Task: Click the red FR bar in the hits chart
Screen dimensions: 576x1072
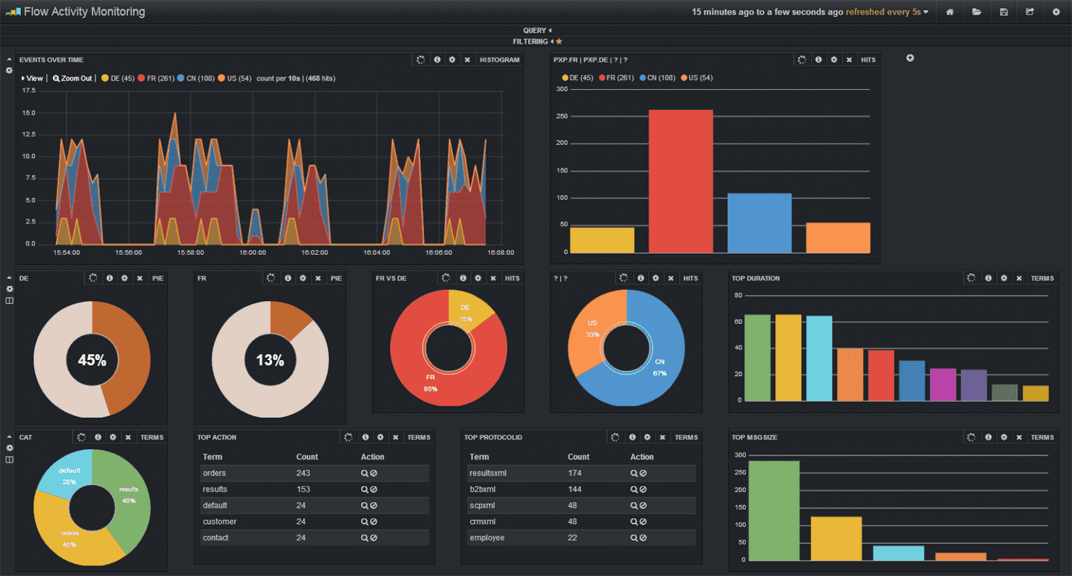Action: [x=680, y=181]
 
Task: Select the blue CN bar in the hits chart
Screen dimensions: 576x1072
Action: [x=759, y=223]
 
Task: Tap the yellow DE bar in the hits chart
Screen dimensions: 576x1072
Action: [x=602, y=240]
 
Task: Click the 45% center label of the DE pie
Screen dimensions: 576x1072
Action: [x=92, y=360]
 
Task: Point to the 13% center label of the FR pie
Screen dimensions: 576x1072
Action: [x=270, y=360]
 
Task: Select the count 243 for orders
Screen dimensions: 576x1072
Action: [x=303, y=473]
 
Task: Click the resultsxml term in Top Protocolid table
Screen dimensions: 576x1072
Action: [x=488, y=473]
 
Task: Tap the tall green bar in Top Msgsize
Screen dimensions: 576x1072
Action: [x=774, y=510]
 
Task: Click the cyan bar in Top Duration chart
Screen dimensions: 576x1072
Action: [x=819, y=359]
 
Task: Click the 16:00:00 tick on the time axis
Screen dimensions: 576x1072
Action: [x=253, y=253]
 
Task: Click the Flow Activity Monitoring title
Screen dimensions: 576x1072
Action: [x=84, y=11]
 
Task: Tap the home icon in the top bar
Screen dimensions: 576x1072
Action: [x=949, y=12]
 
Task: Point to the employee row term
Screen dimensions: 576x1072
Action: [x=487, y=538]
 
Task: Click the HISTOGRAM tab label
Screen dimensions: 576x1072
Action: [x=499, y=60]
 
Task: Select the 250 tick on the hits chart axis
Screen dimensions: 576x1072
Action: [x=561, y=116]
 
